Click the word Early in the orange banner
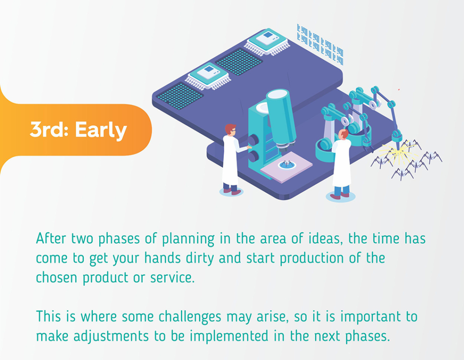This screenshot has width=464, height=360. tap(101, 130)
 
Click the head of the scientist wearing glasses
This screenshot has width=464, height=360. tap(230, 130)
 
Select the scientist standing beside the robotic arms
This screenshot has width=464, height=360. tap(342, 164)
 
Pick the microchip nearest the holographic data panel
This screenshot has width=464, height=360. tap(267, 42)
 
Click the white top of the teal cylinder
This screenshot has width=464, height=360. tap(277, 94)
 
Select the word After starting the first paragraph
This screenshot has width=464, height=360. tap(51, 238)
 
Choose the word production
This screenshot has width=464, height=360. tap(312, 258)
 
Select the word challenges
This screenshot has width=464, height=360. tap(190, 317)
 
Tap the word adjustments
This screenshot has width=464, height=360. tap(111, 336)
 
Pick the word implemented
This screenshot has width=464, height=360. tap(229, 336)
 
